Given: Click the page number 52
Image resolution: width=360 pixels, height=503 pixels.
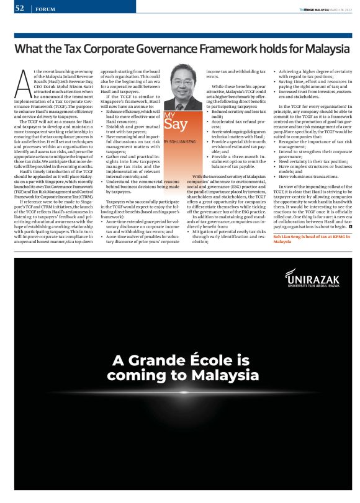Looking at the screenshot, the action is (x=20, y=8).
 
